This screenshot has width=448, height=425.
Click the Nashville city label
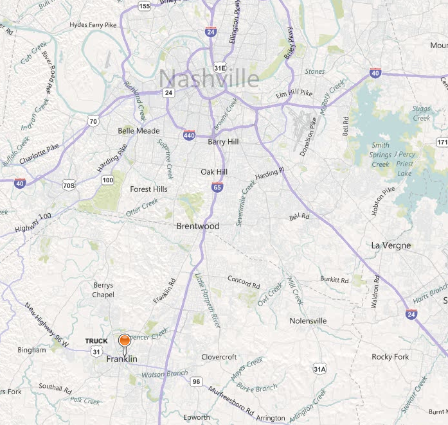point(209,78)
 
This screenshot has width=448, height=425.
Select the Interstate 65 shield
point(217,187)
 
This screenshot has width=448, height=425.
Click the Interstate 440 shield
point(189,135)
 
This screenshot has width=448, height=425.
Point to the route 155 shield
point(145,6)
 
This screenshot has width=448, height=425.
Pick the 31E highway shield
point(220,67)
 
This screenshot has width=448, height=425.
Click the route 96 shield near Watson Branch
point(197,382)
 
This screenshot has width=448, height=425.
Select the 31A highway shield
point(319,369)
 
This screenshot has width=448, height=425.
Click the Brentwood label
point(198,227)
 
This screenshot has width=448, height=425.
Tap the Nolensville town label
point(308,320)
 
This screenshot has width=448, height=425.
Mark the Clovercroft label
point(219,357)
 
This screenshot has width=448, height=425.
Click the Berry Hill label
point(224,142)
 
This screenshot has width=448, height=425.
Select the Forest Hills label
point(148,189)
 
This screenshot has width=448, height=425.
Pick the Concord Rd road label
point(244,281)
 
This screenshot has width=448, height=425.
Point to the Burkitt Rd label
point(335,279)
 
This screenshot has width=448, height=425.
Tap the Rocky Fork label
point(390,357)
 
